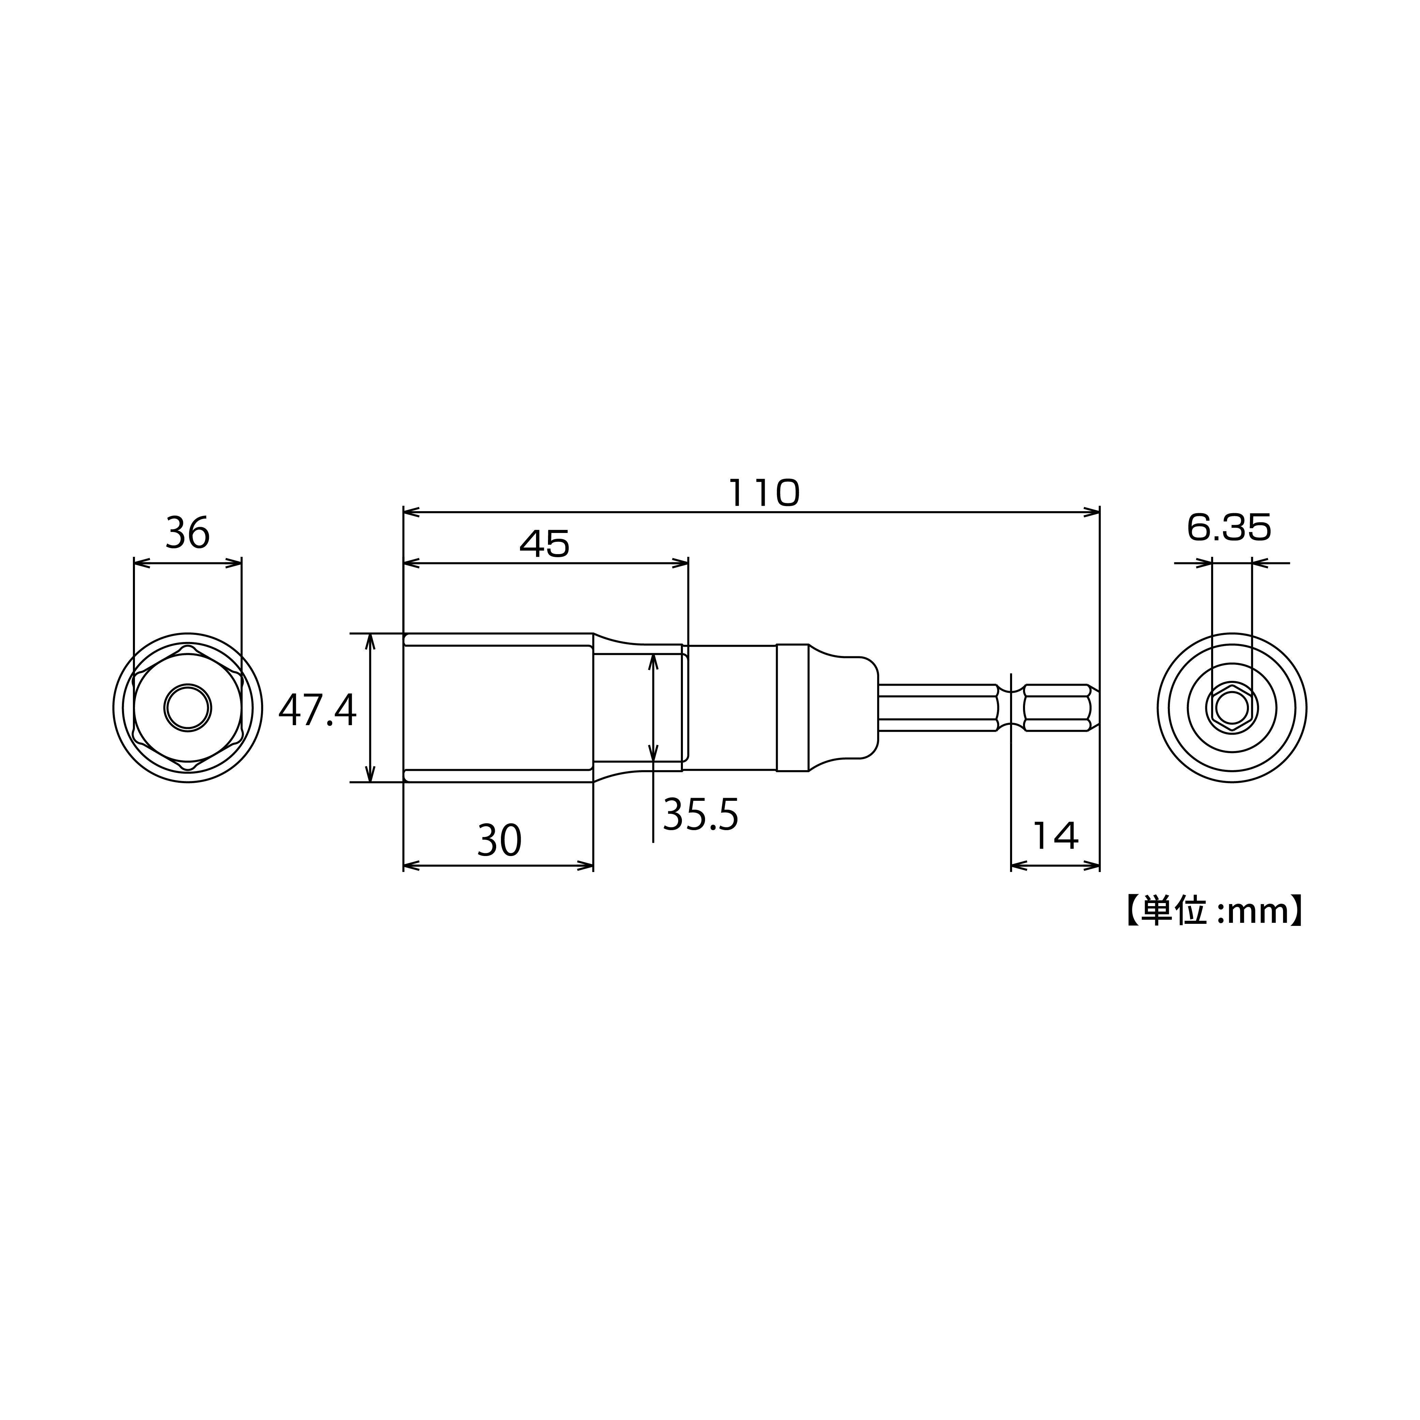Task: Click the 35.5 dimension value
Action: click(x=700, y=815)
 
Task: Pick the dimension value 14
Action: click(x=1055, y=836)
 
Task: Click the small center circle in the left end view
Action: click(x=187, y=708)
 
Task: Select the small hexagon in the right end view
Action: click(x=1232, y=708)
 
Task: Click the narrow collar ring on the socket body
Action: click(x=792, y=708)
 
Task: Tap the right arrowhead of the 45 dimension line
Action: click(x=681, y=564)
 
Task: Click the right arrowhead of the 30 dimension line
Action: click(x=586, y=866)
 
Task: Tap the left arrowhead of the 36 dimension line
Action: click(x=141, y=564)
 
